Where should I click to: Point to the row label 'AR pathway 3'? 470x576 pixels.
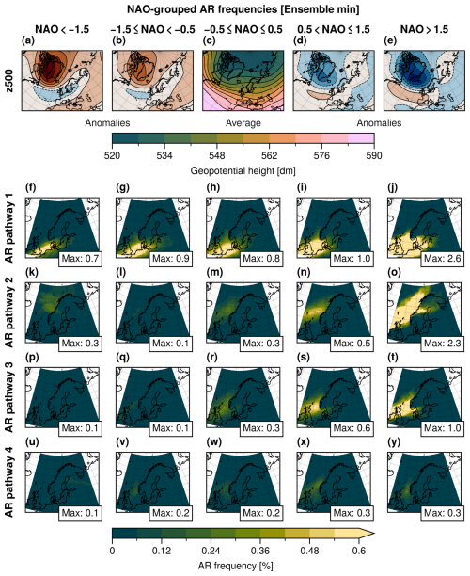8,401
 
